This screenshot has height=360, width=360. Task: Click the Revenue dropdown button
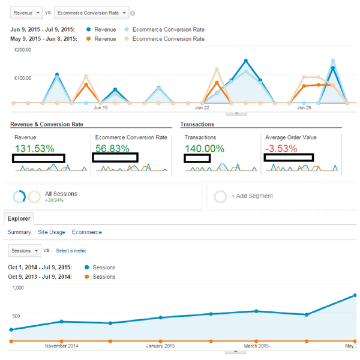[26, 13]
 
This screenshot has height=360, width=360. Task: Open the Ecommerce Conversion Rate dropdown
[91, 13]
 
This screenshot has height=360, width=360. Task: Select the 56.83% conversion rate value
[113, 148]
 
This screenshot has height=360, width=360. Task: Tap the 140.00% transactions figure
[205, 148]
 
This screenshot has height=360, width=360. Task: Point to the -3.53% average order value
[282, 148]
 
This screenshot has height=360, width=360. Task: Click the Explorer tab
[19, 219]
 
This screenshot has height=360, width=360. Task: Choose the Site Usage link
[51, 232]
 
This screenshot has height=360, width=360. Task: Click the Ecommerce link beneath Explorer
[86, 232]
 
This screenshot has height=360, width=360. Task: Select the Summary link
[19, 232]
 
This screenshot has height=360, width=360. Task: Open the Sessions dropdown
[25, 250]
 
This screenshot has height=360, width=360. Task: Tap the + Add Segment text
[252, 196]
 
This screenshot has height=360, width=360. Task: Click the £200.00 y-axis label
[23, 50]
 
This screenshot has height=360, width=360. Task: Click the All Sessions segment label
[61, 194]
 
